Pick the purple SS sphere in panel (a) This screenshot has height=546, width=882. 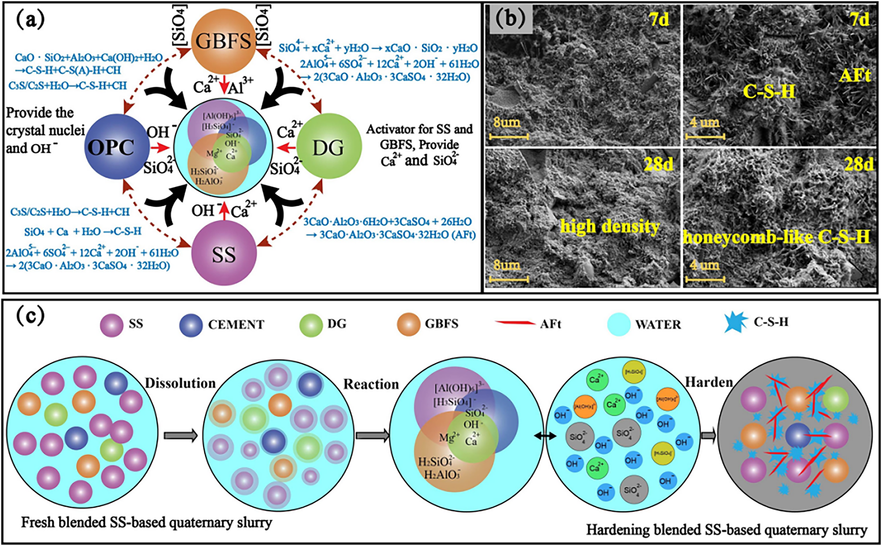coord(224,253)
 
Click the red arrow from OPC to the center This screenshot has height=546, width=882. coord(160,148)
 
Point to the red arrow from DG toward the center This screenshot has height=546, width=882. coord(285,148)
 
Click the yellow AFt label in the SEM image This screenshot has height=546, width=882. coord(855,76)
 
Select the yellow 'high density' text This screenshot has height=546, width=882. coord(609,226)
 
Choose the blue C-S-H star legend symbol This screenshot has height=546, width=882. coord(736,322)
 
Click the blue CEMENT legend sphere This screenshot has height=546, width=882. coord(191,325)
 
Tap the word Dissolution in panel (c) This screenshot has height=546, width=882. coord(180,383)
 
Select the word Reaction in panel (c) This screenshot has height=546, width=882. coord(371,384)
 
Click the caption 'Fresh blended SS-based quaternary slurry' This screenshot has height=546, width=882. coord(146,522)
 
